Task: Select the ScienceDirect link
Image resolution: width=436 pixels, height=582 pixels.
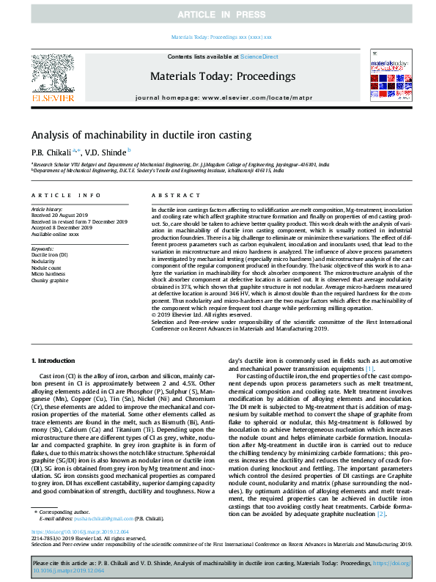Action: (x=259, y=56)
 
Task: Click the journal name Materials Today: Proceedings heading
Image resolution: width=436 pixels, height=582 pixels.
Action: (x=223, y=76)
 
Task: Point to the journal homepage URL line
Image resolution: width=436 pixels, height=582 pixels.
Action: (x=221, y=97)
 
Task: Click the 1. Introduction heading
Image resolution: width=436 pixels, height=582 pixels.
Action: (x=56, y=361)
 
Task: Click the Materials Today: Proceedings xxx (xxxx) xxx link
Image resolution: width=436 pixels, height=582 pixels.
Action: (x=221, y=36)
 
